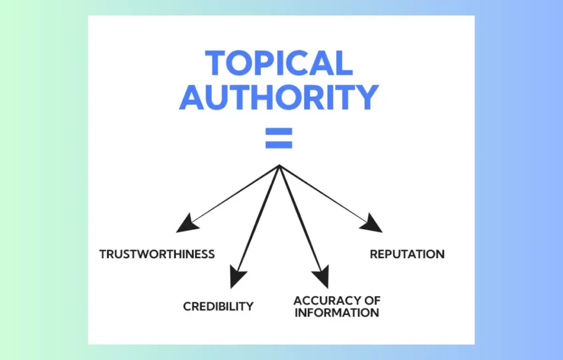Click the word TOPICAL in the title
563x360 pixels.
click(x=279, y=63)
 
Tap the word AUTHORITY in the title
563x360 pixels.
click(x=279, y=97)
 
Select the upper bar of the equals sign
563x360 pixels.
click(x=279, y=132)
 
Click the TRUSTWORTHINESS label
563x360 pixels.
click(x=157, y=254)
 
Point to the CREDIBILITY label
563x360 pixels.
click(x=218, y=307)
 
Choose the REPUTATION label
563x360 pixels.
click(x=407, y=254)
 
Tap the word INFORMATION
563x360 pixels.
click(x=336, y=313)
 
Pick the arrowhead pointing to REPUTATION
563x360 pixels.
click(x=373, y=224)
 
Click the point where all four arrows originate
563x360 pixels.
click(x=279, y=165)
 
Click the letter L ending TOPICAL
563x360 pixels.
click(x=344, y=63)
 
